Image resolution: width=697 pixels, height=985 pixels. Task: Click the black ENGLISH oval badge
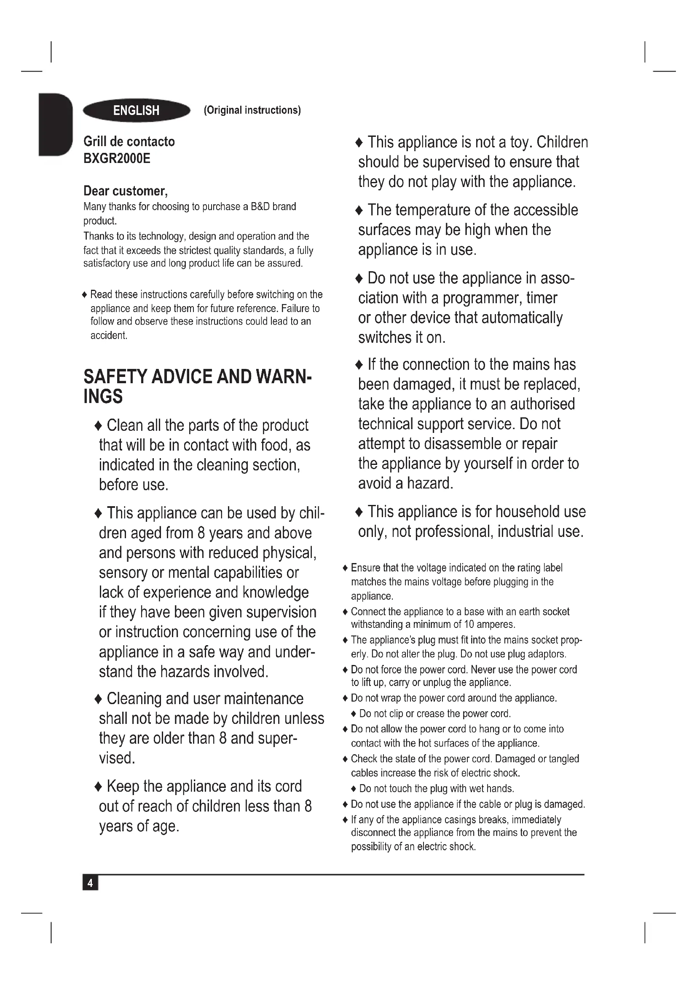point(137,111)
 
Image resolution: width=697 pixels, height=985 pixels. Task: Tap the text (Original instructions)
point(252,110)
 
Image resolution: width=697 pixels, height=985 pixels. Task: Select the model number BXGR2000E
point(117,159)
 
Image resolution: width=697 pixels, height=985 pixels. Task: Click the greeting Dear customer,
point(125,191)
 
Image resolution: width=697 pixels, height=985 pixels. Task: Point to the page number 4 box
point(90,883)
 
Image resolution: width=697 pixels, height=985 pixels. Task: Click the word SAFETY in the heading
point(115,376)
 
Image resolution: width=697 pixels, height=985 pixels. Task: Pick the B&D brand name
point(260,207)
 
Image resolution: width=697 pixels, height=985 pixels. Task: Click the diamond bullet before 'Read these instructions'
point(85,295)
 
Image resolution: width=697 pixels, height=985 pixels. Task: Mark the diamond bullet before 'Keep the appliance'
point(98,787)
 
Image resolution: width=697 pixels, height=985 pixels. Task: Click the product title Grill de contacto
point(129,141)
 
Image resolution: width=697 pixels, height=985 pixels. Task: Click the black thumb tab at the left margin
point(55,124)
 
